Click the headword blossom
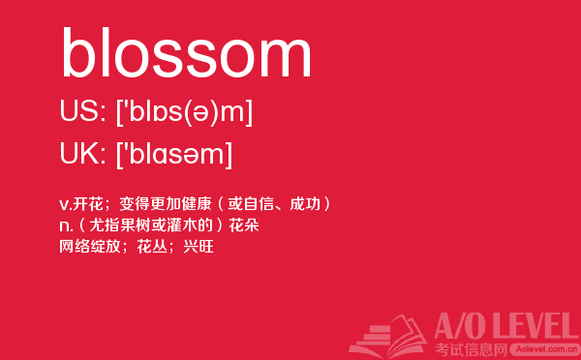click(186, 52)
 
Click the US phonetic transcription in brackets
click(185, 112)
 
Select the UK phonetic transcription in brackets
click(174, 155)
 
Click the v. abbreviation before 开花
click(66, 205)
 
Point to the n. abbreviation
click(66, 225)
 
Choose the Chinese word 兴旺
click(199, 247)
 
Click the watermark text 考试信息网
click(471, 349)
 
